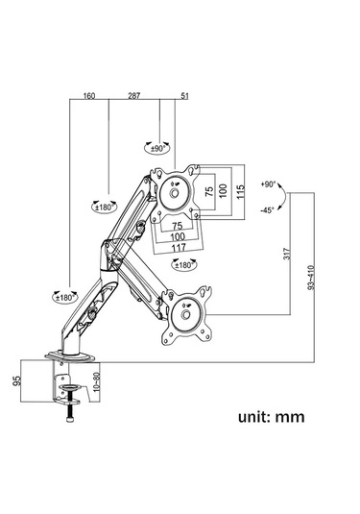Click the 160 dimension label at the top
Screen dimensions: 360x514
[89, 96]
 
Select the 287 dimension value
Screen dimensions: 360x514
[134, 96]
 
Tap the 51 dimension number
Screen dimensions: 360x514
[185, 96]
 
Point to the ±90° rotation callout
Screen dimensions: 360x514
[157, 149]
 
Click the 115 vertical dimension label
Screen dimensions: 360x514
[240, 192]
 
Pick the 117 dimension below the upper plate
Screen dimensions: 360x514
[179, 248]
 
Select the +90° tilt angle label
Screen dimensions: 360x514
[268, 184]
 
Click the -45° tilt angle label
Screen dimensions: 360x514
[267, 210]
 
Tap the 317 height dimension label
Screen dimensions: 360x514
[287, 254]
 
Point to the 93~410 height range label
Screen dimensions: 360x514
[311, 278]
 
